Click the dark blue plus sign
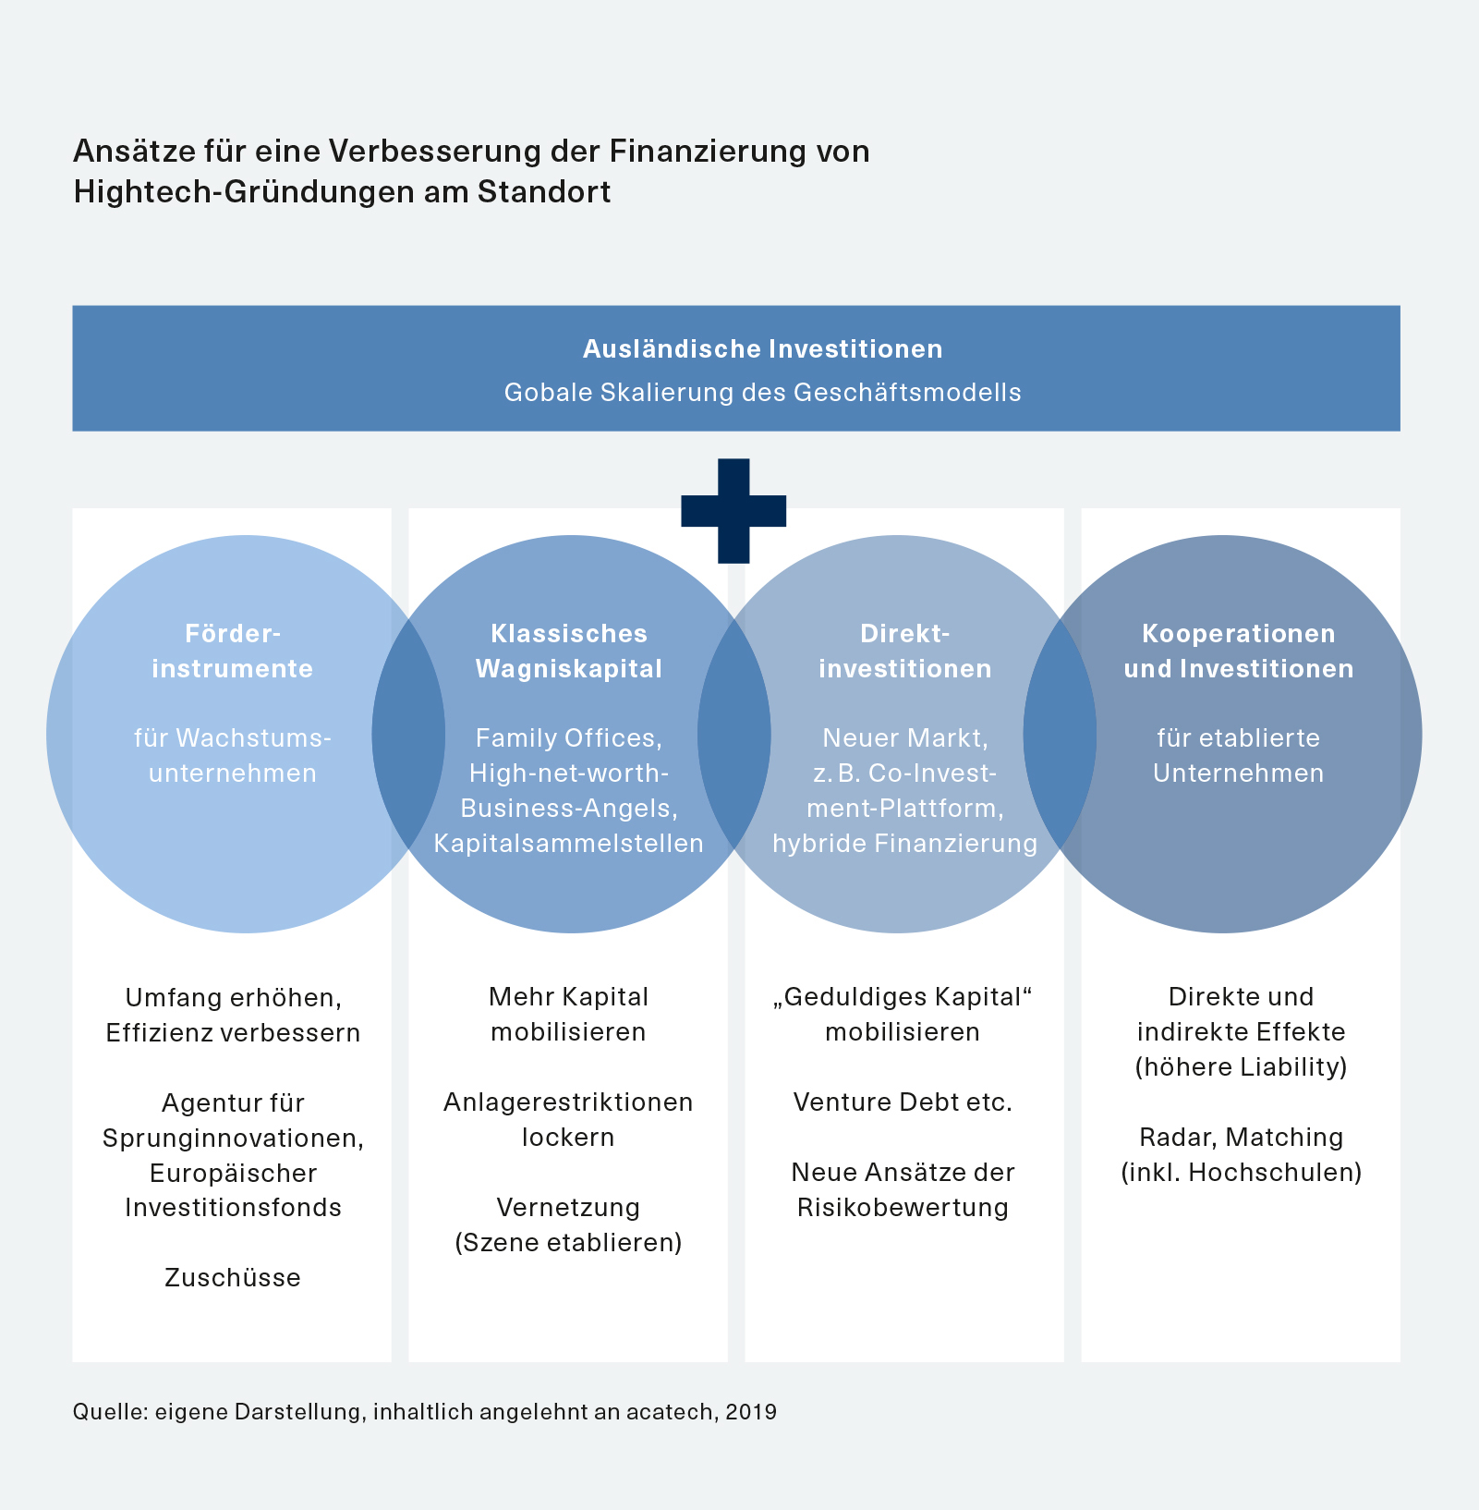pos(733,510)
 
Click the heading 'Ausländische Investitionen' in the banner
pos(762,349)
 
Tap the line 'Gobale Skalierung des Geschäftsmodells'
pos(762,393)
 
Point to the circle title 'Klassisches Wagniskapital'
pos(569,651)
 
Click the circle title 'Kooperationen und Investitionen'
pos(1239,651)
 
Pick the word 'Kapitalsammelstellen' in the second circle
pos(569,843)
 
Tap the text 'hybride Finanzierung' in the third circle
pos(904,843)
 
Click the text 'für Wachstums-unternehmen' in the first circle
pos(233,755)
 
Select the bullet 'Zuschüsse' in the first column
pos(233,1277)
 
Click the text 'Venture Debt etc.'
pos(903,1102)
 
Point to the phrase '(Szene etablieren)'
pos(569,1242)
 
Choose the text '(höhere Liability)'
pos(1241,1067)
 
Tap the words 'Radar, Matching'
pos(1241,1138)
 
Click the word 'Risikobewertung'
pos(903,1208)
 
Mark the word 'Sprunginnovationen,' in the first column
pos(233,1138)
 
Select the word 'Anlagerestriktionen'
pos(568,1102)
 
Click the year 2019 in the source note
pos(751,1412)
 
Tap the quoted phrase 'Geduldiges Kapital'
pos(903,997)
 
